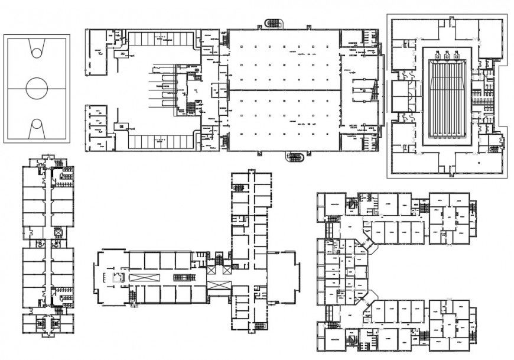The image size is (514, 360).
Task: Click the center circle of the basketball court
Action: [37, 89]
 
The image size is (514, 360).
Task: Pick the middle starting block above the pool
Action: [447, 55]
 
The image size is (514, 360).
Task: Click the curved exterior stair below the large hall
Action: [295, 157]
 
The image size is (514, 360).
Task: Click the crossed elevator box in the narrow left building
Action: [58, 233]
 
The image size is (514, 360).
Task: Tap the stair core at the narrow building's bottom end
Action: [48, 323]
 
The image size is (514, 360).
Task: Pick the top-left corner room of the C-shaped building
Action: [329, 204]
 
